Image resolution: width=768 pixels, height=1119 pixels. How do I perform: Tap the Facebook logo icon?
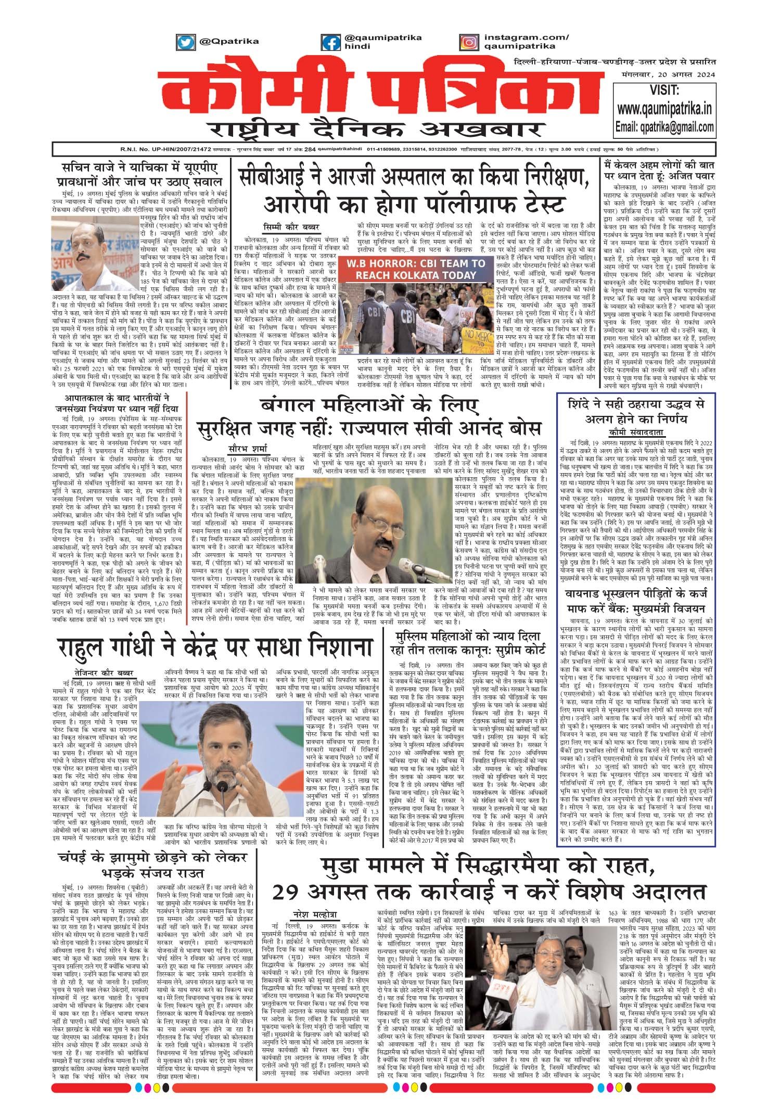point(331,42)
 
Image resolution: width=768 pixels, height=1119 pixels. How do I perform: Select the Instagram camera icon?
point(469,42)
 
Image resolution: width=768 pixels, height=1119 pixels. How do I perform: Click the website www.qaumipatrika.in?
point(664,109)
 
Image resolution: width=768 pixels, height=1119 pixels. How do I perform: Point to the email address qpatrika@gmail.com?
point(664,127)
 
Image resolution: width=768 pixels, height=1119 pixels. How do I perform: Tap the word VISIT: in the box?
point(664,90)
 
